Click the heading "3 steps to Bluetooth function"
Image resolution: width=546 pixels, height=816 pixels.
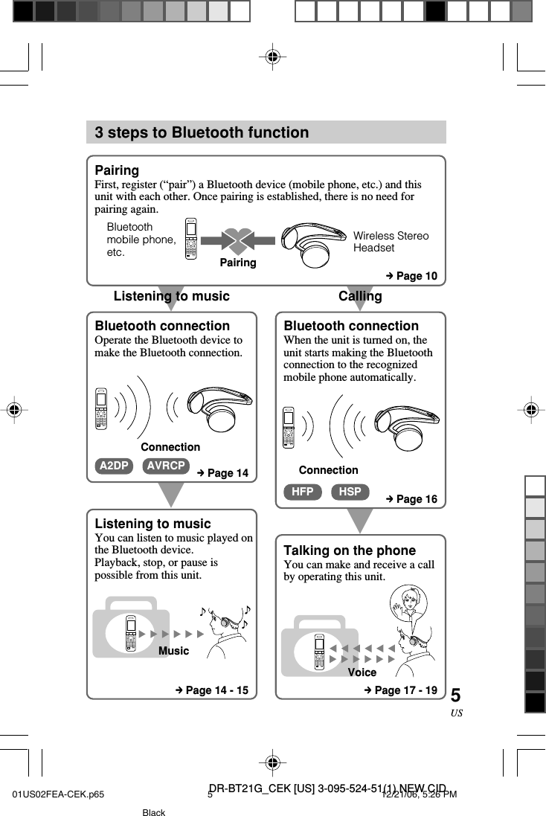[x=202, y=132]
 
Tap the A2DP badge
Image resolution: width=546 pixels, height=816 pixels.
[x=114, y=466]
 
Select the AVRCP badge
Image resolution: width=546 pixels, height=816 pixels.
[x=166, y=466]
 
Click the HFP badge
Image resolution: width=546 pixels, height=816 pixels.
[x=302, y=492]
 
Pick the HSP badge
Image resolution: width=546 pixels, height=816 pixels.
[x=350, y=492]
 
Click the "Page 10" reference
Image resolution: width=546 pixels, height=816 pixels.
[x=411, y=276]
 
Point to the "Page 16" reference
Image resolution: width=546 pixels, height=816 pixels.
[x=411, y=499]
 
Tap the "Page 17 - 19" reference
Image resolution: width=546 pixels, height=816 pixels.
[x=400, y=690]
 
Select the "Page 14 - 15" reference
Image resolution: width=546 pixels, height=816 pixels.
[x=211, y=690]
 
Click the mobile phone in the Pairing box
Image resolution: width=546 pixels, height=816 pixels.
[x=192, y=239]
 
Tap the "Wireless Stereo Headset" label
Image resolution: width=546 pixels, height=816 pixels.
[x=391, y=242]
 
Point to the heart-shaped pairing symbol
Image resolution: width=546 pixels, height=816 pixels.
[x=237, y=240]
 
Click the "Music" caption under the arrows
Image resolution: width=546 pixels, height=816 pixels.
[x=174, y=651]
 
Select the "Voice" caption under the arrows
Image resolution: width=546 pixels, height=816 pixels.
[x=362, y=672]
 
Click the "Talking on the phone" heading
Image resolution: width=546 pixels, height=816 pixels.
[x=350, y=550]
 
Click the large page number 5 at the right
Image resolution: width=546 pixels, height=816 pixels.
[x=455, y=695]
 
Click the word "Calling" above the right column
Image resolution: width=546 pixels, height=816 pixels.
[x=360, y=296]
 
